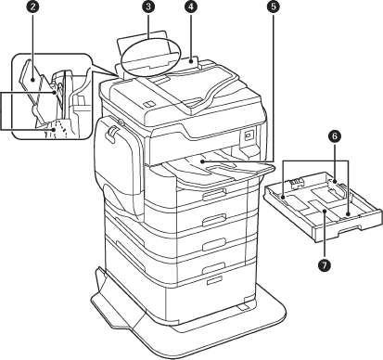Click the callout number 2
[x=32, y=7]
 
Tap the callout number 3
[x=148, y=7]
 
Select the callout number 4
[x=191, y=7]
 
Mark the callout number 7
[x=325, y=264]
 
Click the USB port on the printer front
[x=248, y=135]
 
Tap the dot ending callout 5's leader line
[x=201, y=161]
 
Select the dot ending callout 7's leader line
[x=325, y=211]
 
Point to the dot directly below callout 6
[x=336, y=183]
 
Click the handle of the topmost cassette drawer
[x=214, y=195]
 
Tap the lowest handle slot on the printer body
[x=215, y=280]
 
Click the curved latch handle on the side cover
[x=111, y=133]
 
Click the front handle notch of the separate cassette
[x=350, y=229]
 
